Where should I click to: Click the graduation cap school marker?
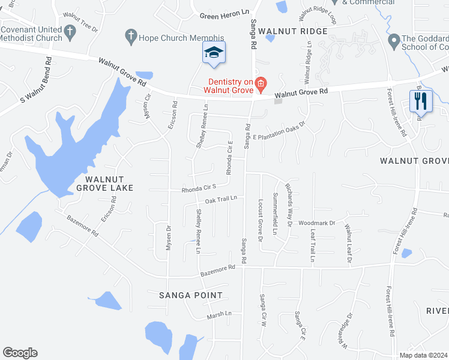[214, 52]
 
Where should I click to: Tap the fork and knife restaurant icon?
[421, 101]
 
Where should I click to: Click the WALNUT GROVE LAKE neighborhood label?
[100, 184]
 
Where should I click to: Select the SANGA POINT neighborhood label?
[190, 295]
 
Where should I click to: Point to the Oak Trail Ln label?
[221, 199]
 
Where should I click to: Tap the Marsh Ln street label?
[219, 314]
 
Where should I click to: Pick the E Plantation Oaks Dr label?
[279, 131]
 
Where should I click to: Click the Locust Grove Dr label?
[261, 220]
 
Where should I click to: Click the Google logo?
[20, 353]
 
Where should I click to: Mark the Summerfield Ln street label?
[275, 213]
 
